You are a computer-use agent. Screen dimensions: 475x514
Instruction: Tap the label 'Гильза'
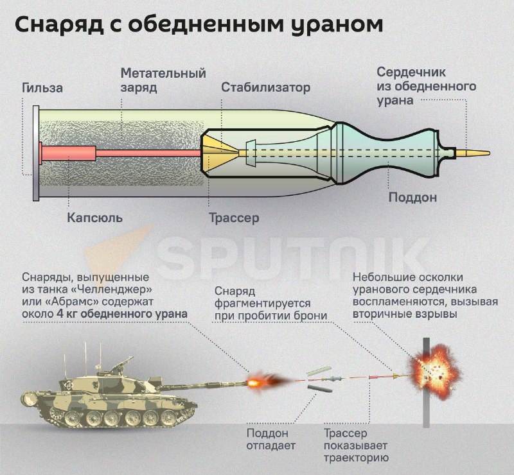(42, 88)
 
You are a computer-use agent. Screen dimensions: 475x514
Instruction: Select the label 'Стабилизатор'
(265, 87)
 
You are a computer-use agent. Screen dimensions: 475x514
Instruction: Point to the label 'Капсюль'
(94, 218)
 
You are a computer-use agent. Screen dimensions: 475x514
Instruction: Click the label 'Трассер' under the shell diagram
(234, 218)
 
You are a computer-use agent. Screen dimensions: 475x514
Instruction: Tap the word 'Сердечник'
(411, 72)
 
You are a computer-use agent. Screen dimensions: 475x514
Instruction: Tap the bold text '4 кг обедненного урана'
(131, 314)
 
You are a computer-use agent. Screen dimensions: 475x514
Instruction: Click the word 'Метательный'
(163, 73)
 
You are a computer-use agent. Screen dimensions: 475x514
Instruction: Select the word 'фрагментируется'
(263, 302)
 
